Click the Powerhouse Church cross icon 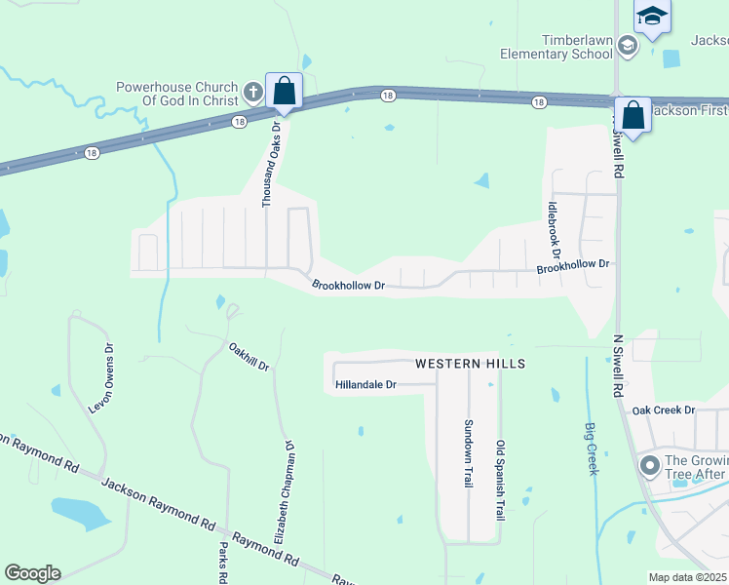(252, 93)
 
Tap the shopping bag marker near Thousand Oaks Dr (284, 92)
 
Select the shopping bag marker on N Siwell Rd (633, 116)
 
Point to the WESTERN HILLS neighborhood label (470, 364)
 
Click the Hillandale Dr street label (365, 385)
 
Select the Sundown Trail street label (468, 454)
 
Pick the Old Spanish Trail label (501, 480)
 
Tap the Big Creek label (590, 448)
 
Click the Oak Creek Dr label (663, 410)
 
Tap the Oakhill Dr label (249, 356)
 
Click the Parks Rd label (222, 563)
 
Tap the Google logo (32, 573)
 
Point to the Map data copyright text (688, 577)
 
